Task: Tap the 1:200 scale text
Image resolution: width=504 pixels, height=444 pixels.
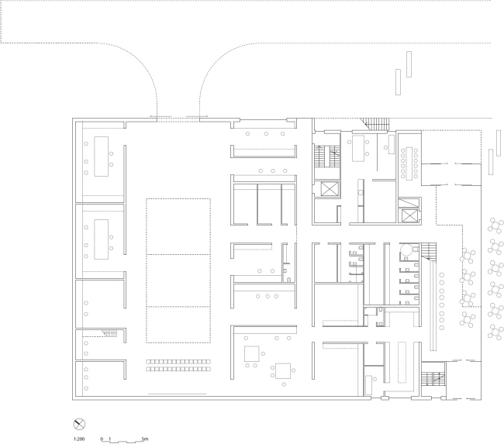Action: point(78,439)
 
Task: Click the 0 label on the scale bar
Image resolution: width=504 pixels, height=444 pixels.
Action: point(102,439)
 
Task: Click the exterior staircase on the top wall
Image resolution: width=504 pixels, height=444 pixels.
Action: point(375,123)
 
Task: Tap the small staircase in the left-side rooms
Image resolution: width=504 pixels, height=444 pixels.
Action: point(109,333)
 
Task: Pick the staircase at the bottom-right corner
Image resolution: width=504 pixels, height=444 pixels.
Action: point(431,380)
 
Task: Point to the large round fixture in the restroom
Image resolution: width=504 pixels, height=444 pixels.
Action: point(409,250)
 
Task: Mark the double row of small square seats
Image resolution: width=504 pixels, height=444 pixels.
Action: point(181,365)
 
